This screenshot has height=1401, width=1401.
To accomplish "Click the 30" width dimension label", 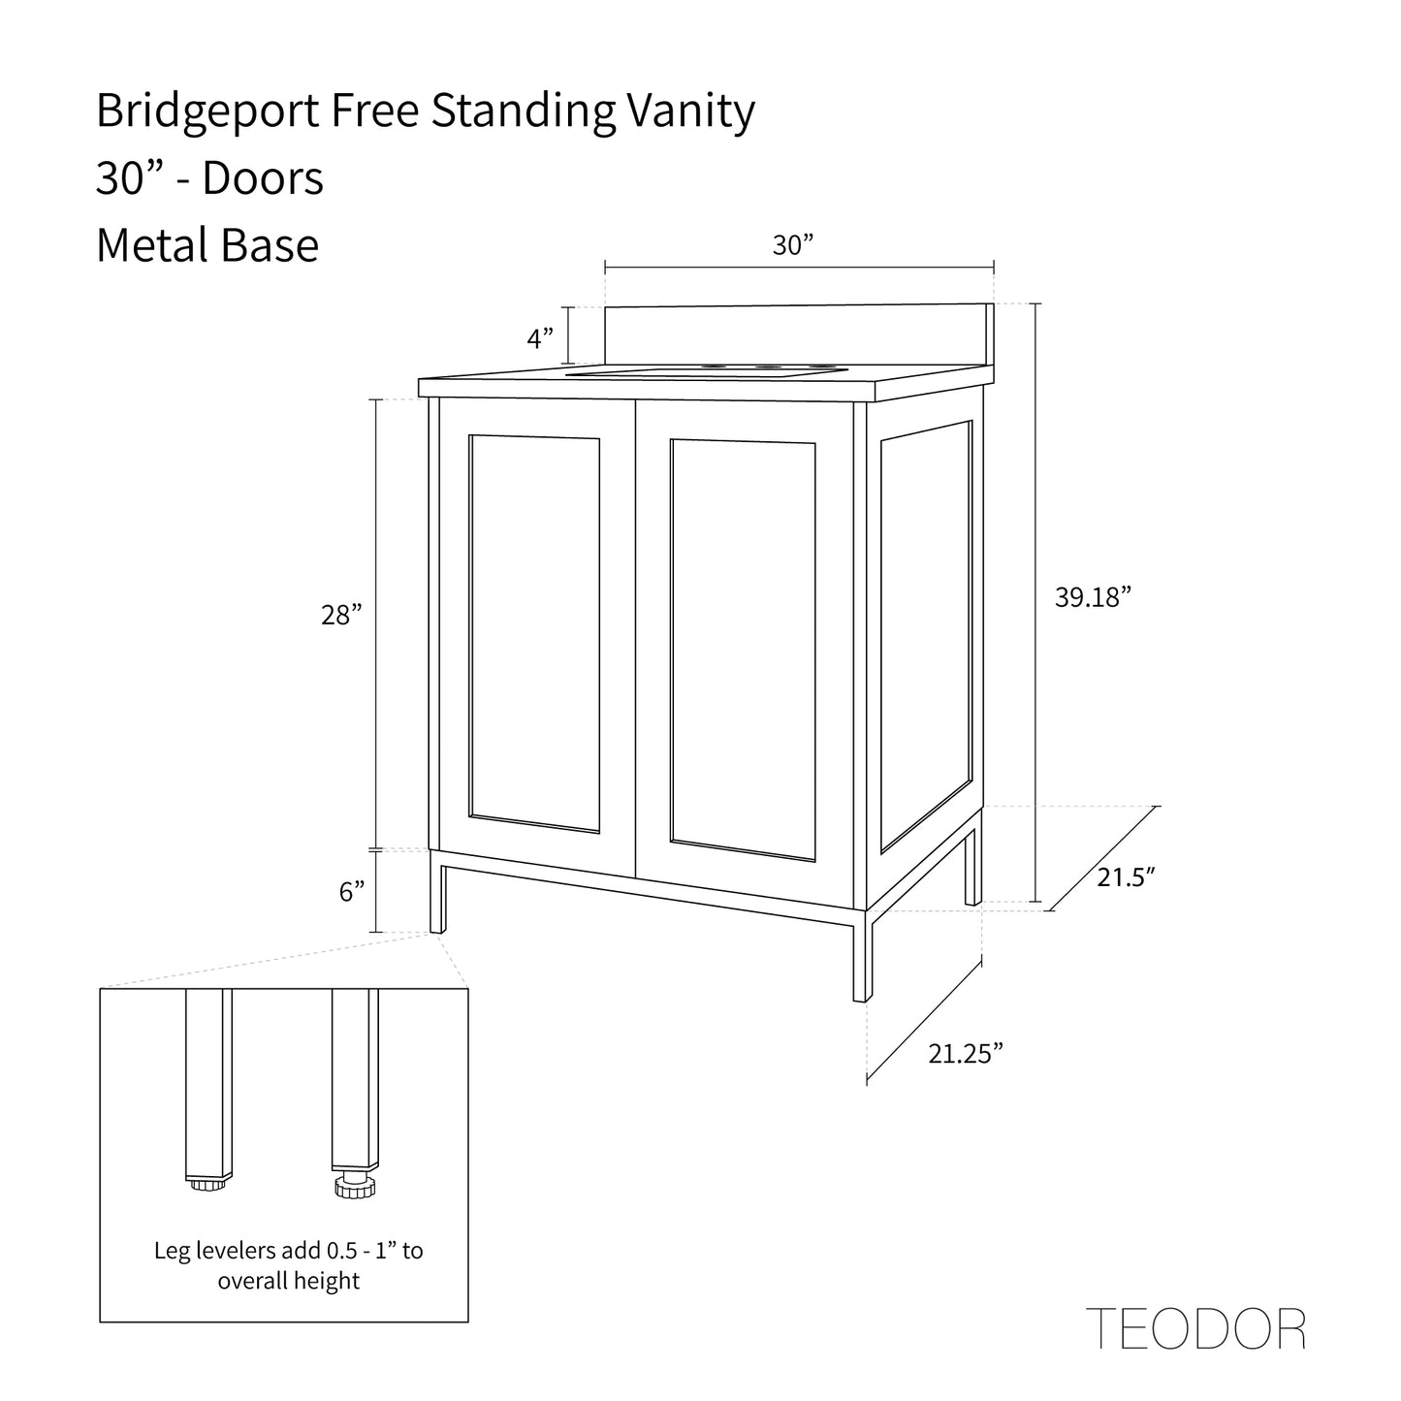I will (x=792, y=246).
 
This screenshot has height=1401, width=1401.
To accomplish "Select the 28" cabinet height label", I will (x=341, y=615).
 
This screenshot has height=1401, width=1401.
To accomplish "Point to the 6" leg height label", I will (x=352, y=892).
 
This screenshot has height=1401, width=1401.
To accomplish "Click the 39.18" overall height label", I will (x=1093, y=597).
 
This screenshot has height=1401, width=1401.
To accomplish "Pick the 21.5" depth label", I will (x=1126, y=877).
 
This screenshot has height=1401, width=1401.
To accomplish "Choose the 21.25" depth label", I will (x=965, y=1054).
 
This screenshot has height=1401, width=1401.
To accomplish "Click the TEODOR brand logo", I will (x=1195, y=1328).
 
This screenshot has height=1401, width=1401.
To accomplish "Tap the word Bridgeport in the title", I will (x=207, y=113).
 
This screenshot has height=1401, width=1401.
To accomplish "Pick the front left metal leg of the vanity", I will (x=437, y=892).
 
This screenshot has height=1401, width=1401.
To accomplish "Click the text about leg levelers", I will (x=289, y=1265).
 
